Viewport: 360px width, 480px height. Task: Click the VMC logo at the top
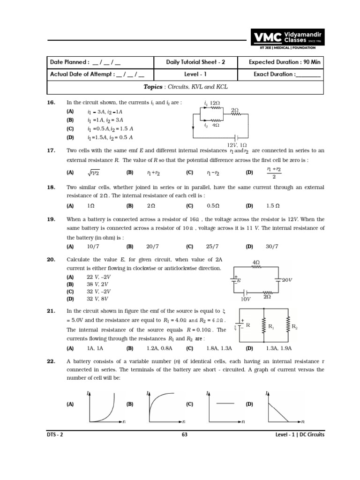[286, 38]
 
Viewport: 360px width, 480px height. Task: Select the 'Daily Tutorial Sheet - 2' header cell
[195, 62]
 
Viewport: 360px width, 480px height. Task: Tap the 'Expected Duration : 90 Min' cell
[280, 62]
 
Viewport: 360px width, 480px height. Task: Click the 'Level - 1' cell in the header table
[195, 74]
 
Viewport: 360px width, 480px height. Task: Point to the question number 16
[52, 102]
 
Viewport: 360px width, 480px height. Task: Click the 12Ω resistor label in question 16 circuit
[215, 103]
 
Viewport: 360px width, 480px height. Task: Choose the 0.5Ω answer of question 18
[213, 205]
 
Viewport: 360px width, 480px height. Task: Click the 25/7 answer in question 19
[213, 246]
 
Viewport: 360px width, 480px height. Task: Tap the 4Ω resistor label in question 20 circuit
[256, 262]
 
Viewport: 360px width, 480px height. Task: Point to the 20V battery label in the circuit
[286, 280]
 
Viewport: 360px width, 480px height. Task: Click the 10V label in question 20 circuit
[246, 299]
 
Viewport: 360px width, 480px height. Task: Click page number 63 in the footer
[184, 435]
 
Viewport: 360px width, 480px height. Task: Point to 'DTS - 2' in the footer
[55, 435]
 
